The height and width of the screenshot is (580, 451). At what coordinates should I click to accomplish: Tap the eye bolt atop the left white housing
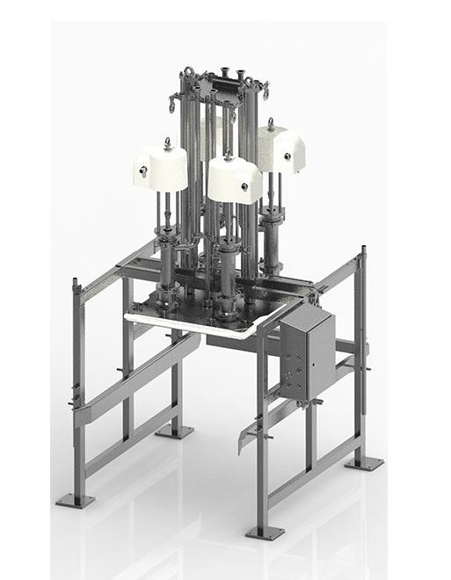[166, 141]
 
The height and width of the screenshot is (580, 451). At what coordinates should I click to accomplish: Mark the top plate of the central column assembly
[218, 83]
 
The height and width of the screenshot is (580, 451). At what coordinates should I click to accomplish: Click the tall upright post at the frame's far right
[360, 352]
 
